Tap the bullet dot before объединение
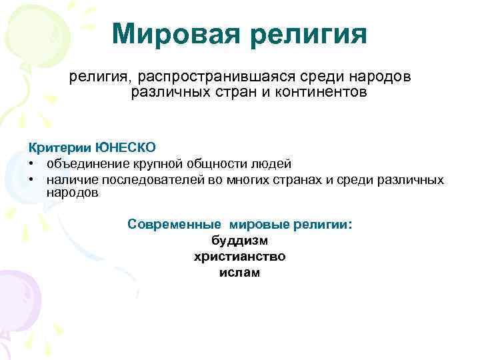(31, 164)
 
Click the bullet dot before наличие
(31, 181)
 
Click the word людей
(269, 164)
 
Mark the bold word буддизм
(239, 241)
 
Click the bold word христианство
(239, 257)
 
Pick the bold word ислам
(239, 273)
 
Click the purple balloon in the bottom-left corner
(17, 300)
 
